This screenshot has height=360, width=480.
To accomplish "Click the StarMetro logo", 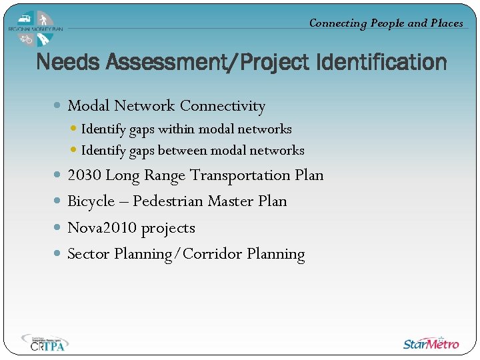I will (431, 343).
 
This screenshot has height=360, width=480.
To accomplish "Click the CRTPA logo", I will (45, 343).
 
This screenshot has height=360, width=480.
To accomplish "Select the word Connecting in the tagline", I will (338, 23).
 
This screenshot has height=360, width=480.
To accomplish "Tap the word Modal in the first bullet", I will (89, 105).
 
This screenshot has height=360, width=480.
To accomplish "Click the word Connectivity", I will (223, 105).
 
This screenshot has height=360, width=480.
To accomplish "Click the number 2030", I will (85, 175).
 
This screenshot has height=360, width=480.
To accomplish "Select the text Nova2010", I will (102, 228).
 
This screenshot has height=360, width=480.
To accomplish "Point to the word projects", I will (168, 229).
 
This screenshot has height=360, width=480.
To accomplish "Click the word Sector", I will (89, 254).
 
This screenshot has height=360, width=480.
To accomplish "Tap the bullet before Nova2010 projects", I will (57, 228).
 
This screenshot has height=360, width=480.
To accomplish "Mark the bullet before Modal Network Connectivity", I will (58, 105).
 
